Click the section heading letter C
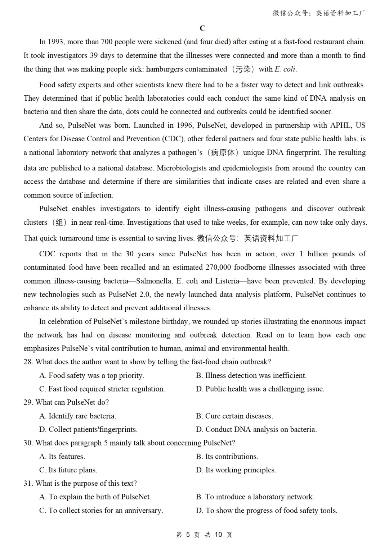[x=202, y=28]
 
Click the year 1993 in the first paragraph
[x=55, y=42]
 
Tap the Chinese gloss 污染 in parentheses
[x=243, y=69]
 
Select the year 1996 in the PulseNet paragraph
[x=184, y=125]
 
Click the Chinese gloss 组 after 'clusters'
[x=59, y=222]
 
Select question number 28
[x=28, y=362]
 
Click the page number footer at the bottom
[x=204, y=535]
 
